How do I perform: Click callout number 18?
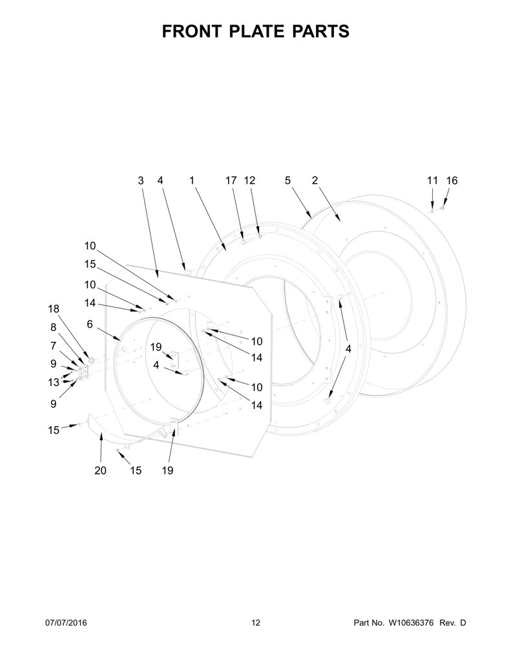[54, 308]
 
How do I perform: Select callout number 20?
[100, 471]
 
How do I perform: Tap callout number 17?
[231, 181]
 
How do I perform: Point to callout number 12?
[249, 181]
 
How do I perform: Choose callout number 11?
[433, 181]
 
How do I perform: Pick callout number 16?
[452, 181]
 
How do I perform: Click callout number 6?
[90, 324]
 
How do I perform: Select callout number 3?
[141, 181]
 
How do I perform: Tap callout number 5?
[287, 181]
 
